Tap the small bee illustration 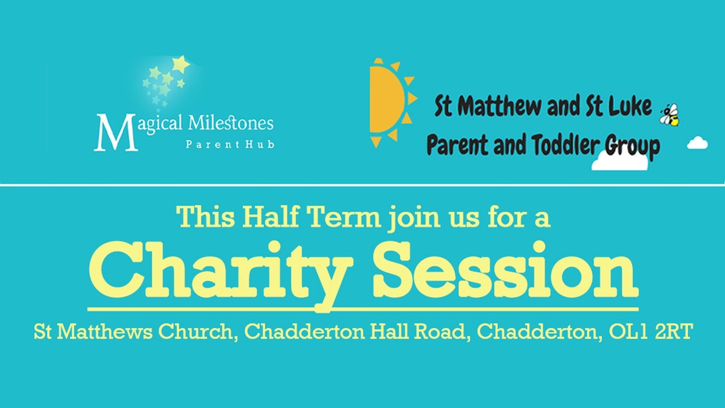(669, 115)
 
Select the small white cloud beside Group (697, 143)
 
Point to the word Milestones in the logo (231, 123)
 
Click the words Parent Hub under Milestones (230, 144)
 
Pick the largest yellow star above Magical (181, 64)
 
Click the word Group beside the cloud (633, 147)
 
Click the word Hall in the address (390, 331)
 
